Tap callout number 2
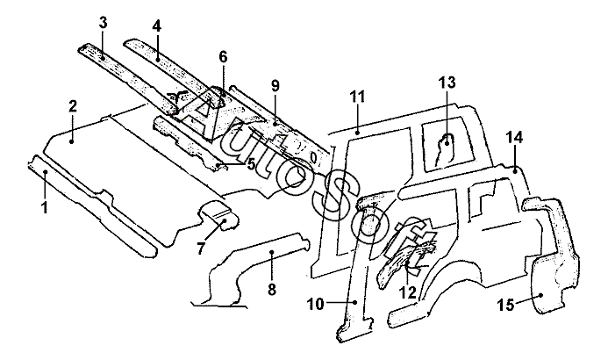tap(73, 106)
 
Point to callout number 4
tap(156, 26)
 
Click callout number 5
tap(250, 163)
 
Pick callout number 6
tap(223, 57)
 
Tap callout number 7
tap(200, 248)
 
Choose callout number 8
tap(270, 289)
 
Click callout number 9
tap(275, 85)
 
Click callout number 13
tap(447, 83)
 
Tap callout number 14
tap(514, 137)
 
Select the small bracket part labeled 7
tap(219, 215)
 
